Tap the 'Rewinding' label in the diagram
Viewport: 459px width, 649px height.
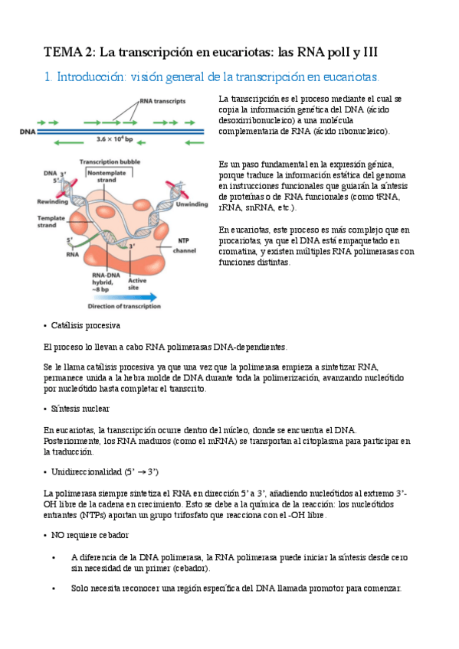click(x=53, y=202)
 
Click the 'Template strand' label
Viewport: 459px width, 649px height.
click(x=52, y=222)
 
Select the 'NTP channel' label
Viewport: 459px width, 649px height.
click(x=185, y=246)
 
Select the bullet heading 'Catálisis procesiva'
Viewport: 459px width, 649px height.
click(x=86, y=326)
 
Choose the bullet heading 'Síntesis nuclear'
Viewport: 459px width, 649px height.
click(x=80, y=409)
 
